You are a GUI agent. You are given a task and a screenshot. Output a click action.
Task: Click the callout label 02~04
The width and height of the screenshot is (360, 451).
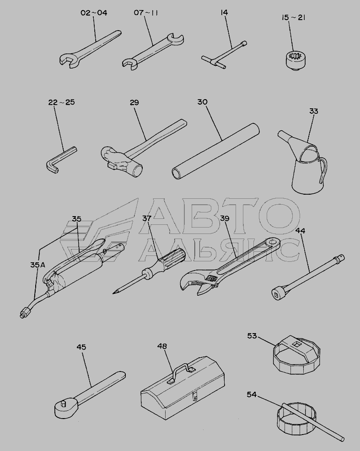pos(94,13)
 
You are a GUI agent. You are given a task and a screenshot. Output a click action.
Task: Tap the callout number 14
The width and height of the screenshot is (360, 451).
pos(224,12)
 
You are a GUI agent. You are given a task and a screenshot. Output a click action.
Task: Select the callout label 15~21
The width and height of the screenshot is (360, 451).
pos(293,17)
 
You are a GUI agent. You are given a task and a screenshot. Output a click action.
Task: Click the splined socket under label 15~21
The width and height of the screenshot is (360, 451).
pos(294,59)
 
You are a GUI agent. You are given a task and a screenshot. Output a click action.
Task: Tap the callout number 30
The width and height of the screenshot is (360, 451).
pos(203,102)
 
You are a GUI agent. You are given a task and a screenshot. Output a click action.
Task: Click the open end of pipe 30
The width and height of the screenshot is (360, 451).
pos(176,174)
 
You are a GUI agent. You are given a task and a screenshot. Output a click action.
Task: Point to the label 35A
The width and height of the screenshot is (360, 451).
pos(38,265)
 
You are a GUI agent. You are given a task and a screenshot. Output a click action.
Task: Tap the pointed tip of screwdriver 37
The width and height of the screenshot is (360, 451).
pos(113,293)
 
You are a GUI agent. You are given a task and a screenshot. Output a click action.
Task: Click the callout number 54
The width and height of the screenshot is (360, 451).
pos(252,394)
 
